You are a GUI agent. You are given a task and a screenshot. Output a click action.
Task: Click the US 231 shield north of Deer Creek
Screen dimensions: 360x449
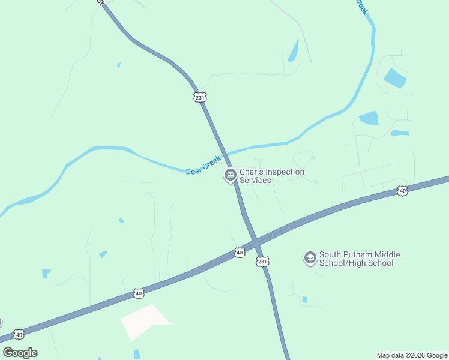(200, 97)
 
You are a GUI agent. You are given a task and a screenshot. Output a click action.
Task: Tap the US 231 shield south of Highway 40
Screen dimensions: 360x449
(262, 262)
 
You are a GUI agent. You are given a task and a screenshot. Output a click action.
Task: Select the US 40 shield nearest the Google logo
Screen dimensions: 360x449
(19, 334)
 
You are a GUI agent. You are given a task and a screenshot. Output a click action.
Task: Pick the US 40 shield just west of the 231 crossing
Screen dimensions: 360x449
(240, 253)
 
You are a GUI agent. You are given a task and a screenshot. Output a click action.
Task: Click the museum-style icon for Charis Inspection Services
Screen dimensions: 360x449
(229, 176)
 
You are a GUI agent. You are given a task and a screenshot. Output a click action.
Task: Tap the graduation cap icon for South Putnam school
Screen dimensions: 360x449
(310, 258)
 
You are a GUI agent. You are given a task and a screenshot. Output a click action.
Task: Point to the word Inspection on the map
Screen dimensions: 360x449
(284, 172)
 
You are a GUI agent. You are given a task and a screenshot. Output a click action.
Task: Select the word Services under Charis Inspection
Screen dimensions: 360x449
(255, 180)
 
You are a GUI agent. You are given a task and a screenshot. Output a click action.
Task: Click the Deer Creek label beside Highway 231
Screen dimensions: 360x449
(203, 165)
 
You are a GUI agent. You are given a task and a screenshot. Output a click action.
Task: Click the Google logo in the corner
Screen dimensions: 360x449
(20, 353)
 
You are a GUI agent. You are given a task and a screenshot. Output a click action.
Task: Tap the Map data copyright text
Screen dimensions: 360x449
(412, 355)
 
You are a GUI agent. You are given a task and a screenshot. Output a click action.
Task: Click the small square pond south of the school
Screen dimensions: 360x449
(304, 299)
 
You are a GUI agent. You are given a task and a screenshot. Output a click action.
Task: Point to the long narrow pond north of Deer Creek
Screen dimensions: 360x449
(294, 50)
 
